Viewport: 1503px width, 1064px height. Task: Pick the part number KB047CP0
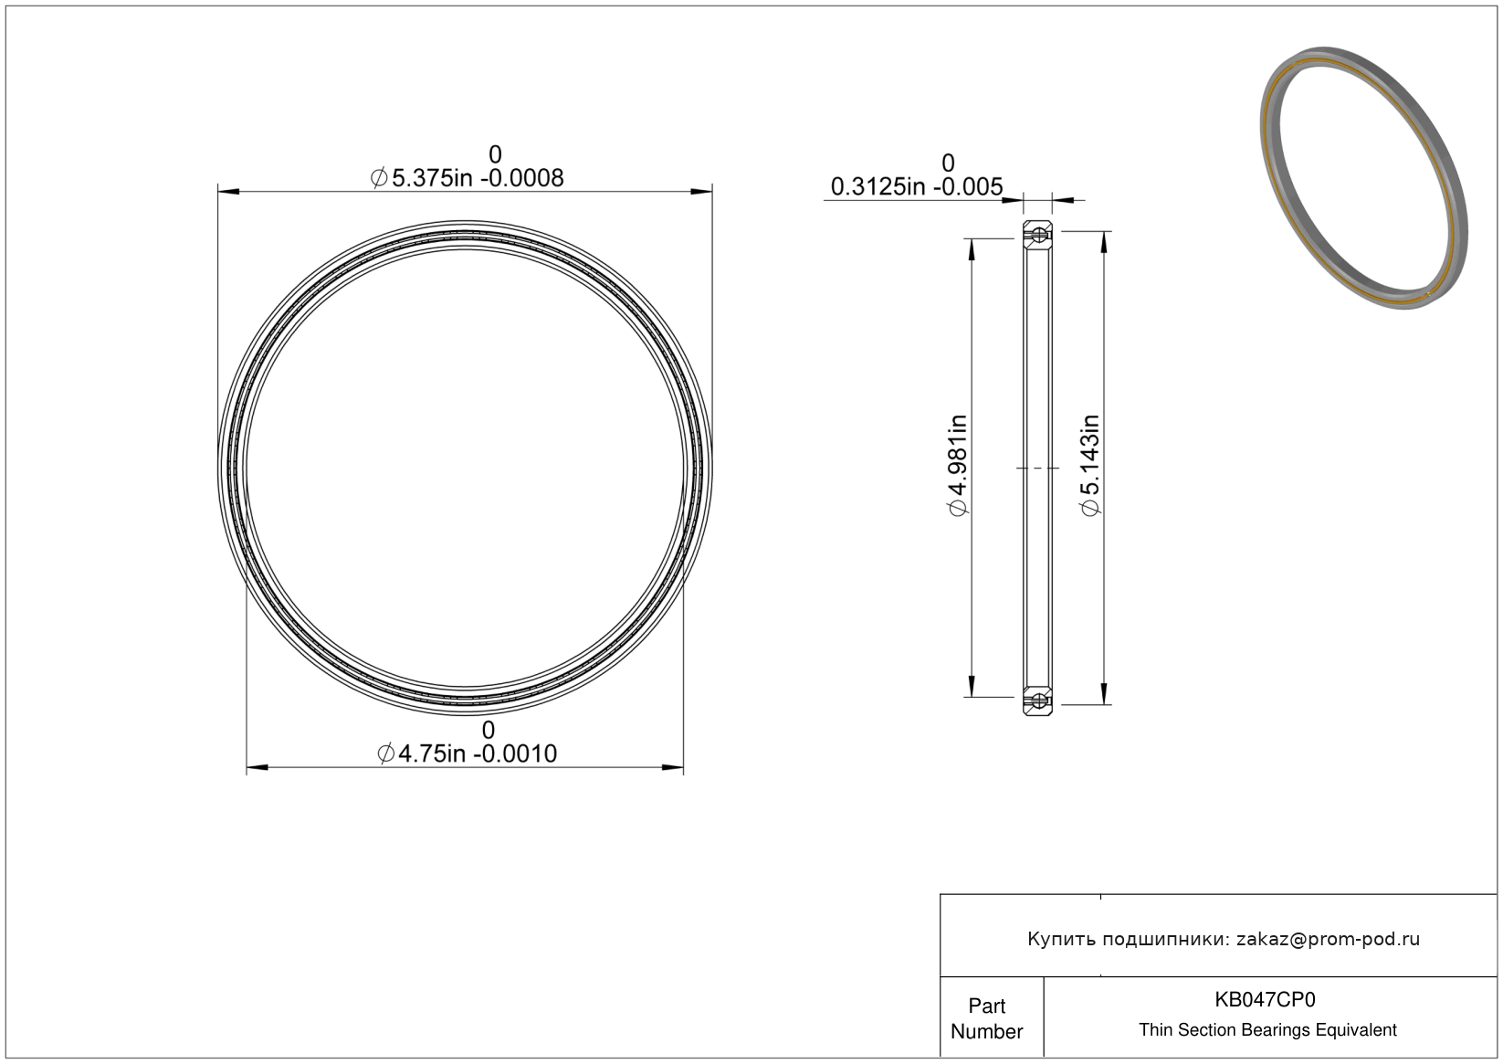(x=1265, y=999)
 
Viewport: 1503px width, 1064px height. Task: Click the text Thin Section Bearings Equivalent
(x=1267, y=1029)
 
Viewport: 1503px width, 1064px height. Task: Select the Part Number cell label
(x=986, y=1018)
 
